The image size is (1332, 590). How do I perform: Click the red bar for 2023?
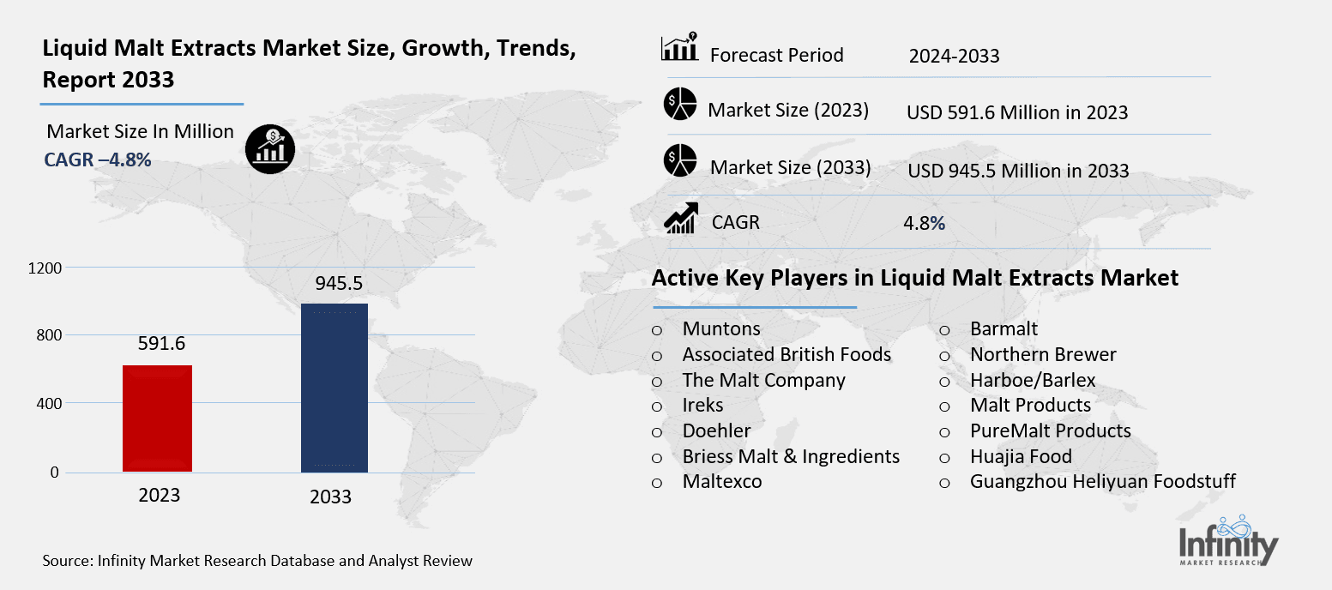click(x=157, y=418)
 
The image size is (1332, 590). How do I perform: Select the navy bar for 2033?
click(x=334, y=388)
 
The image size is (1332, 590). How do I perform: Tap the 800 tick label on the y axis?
click(x=50, y=335)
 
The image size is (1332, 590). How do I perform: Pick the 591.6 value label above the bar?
click(x=161, y=344)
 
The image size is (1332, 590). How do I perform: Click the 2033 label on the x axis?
click(x=330, y=497)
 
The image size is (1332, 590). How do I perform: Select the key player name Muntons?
click(x=721, y=328)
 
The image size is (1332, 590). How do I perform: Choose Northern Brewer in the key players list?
click(x=1043, y=354)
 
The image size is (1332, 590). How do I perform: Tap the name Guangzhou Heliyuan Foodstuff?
click(x=1102, y=481)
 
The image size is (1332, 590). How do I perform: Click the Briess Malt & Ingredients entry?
click(x=791, y=456)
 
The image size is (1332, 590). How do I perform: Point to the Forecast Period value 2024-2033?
click(x=954, y=57)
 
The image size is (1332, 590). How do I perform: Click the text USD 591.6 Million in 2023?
click(x=1016, y=112)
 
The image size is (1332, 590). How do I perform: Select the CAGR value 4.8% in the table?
click(x=924, y=223)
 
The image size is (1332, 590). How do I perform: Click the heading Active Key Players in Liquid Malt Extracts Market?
click(x=914, y=278)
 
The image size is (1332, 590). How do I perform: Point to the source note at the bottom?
click(x=257, y=562)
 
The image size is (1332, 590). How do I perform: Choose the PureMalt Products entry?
click(x=1050, y=430)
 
